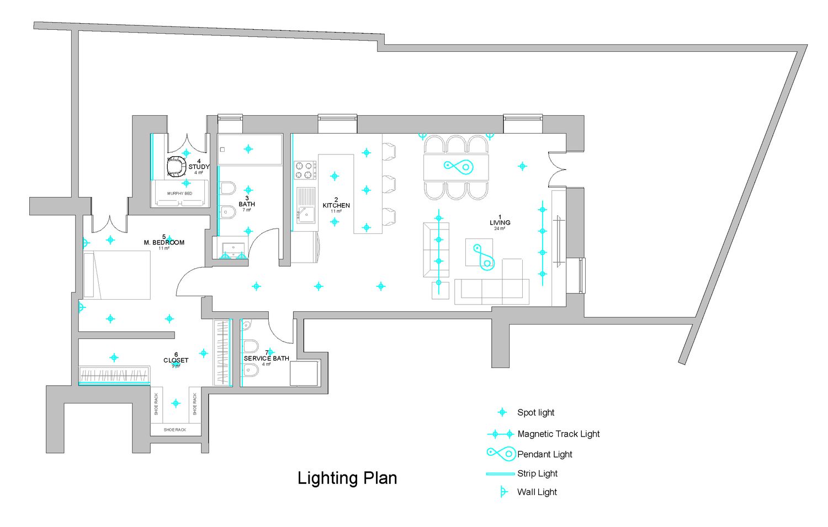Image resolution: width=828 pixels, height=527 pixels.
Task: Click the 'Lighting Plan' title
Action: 347,478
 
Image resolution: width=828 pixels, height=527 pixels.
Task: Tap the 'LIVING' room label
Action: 500,223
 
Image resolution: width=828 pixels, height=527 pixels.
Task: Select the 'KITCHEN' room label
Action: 336,205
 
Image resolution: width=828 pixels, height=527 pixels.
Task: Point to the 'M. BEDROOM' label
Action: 164,242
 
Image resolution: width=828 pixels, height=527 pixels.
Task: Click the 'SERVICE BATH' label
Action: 267,358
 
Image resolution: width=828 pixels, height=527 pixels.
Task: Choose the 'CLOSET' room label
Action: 176,360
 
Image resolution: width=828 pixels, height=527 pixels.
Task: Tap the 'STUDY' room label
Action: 199,167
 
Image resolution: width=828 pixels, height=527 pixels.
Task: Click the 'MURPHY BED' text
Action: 180,194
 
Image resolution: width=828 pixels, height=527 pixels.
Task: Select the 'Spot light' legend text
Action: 535,413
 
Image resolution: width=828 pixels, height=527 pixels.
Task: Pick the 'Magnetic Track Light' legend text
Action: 558,434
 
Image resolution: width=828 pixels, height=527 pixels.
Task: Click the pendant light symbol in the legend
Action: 501,454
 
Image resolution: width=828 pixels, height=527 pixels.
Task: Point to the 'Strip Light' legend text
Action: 537,473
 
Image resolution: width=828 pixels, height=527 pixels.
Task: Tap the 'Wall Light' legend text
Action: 537,492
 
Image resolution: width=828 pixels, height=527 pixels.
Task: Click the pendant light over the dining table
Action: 459,166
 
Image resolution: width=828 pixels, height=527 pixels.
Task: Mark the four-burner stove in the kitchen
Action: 305,170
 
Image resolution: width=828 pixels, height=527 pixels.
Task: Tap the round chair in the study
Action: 177,166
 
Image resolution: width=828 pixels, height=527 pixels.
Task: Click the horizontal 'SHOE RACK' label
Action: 175,430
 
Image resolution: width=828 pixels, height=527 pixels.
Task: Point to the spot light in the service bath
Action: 270,352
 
